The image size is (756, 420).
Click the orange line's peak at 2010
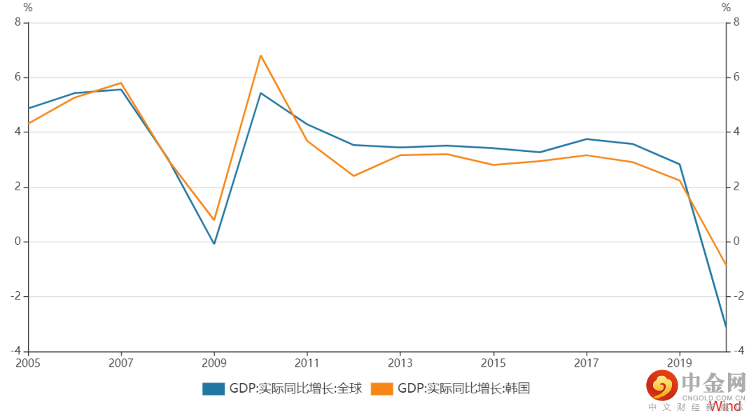coord(260,55)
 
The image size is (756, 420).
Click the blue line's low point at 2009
coord(214,244)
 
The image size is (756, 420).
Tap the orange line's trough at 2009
coord(214,220)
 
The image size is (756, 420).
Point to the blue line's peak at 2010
coord(260,93)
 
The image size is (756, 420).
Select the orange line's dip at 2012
coord(353,176)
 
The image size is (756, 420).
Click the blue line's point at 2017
coord(587,139)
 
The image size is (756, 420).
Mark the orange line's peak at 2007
coord(121,83)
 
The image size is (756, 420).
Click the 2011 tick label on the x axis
coord(307,363)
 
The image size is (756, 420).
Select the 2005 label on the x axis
coord(28,363)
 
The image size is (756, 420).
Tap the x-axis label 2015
coord(493,363)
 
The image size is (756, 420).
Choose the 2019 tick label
coord(680,363)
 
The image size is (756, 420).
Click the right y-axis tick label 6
coord(736,78)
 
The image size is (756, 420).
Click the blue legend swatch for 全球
coord(213,388)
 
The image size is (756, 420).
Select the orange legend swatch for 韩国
coord(381,388)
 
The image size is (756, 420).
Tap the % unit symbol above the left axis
coord(28,8)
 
